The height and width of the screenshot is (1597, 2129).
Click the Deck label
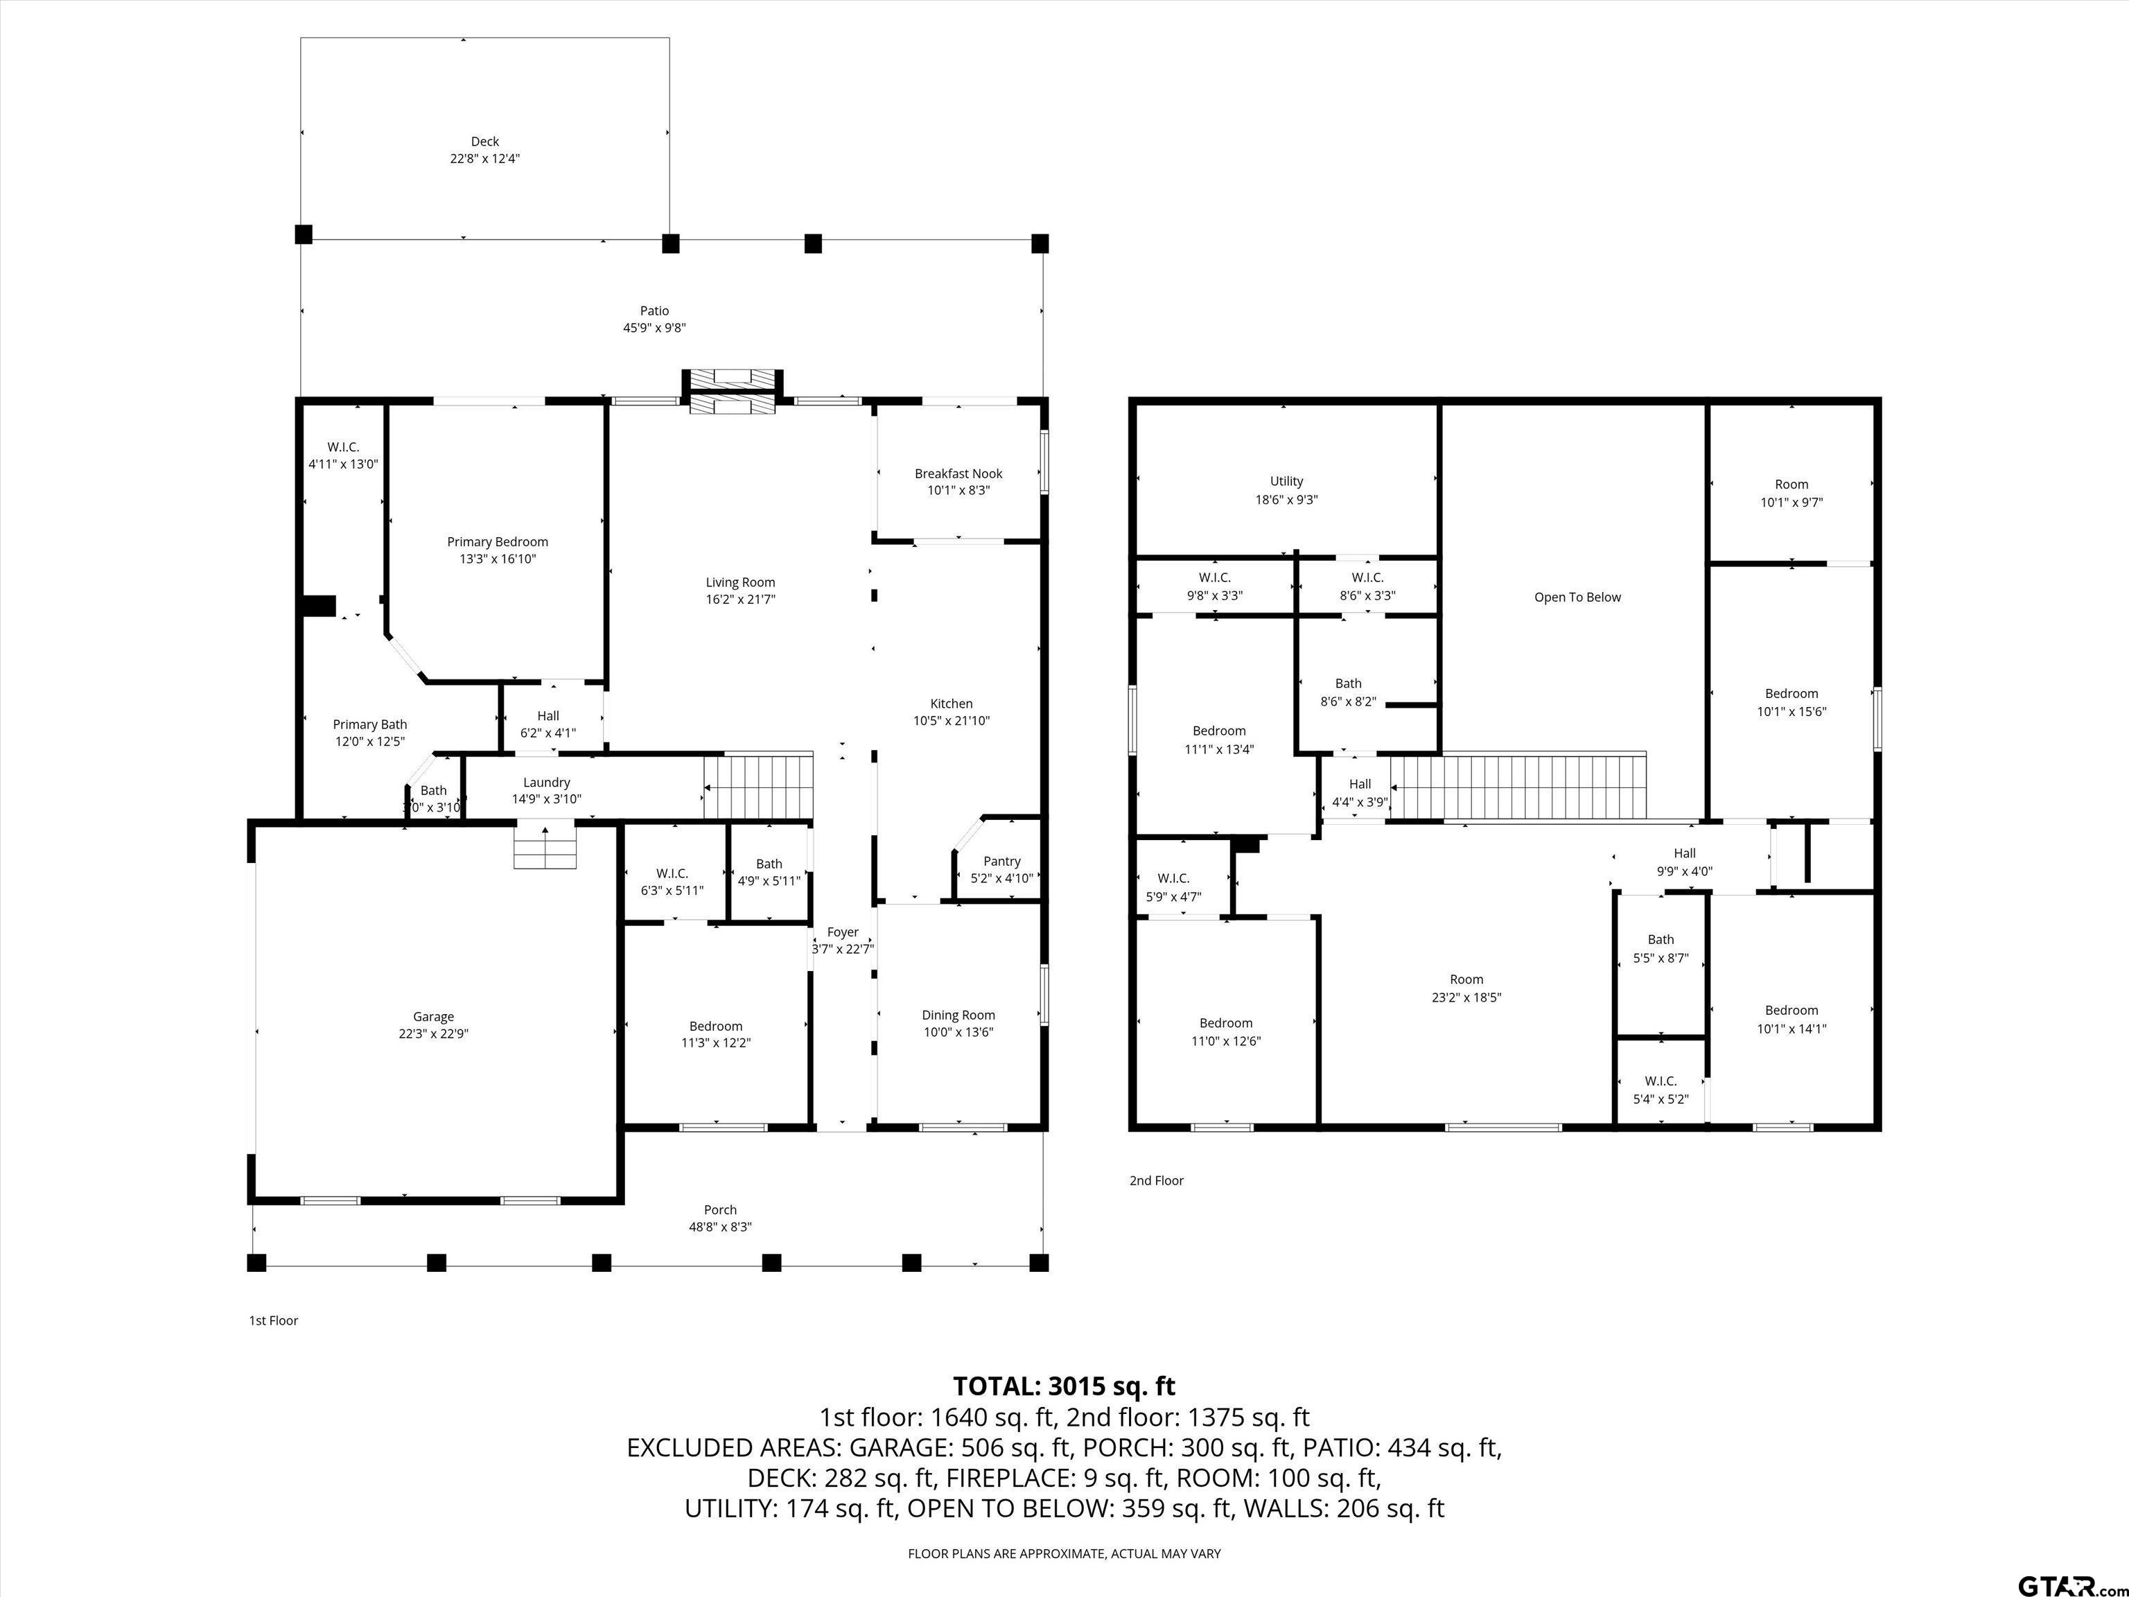point(485,141)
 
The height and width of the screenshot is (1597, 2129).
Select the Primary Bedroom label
point(498,542)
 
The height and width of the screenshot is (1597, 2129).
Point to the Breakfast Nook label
point(958,473)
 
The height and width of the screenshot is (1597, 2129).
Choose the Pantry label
point(1002,862)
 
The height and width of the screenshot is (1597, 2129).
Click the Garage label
point(433,1017)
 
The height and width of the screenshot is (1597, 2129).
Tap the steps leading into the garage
point(545,847)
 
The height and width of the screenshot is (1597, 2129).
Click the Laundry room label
point(547,783)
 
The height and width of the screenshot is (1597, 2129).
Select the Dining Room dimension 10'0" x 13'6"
point(958,1032)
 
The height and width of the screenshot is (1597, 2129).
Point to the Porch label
point(720,1210)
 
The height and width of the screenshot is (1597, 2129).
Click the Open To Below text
point(1577,597)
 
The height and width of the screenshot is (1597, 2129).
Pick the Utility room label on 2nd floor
point(1287,481)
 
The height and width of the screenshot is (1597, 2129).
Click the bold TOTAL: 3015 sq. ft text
point(1064,1386)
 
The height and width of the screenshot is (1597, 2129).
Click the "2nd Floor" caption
point(1157,1180)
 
